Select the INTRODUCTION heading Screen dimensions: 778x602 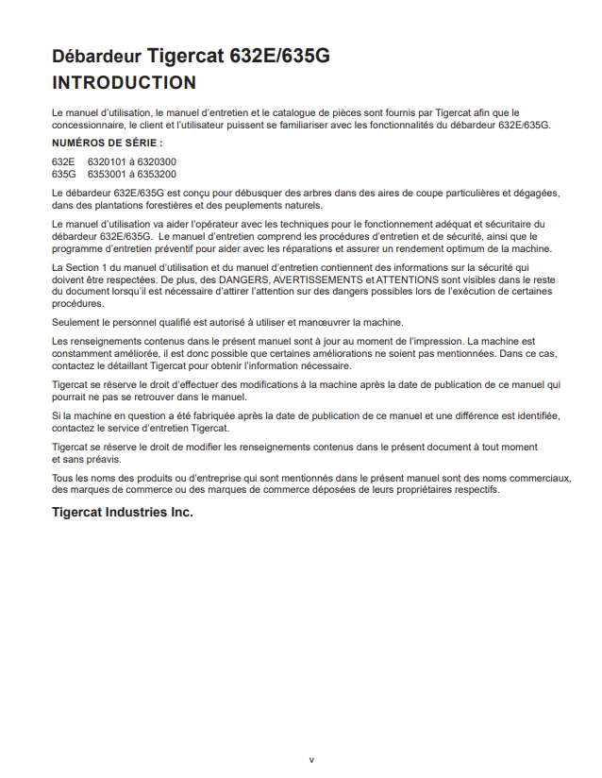125,83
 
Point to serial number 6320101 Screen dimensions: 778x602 107,161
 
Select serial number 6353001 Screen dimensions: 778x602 107,174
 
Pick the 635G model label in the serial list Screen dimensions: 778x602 64,174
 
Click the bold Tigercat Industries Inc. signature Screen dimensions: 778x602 123,513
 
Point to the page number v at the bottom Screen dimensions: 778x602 311,759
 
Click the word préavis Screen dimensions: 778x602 103,459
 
